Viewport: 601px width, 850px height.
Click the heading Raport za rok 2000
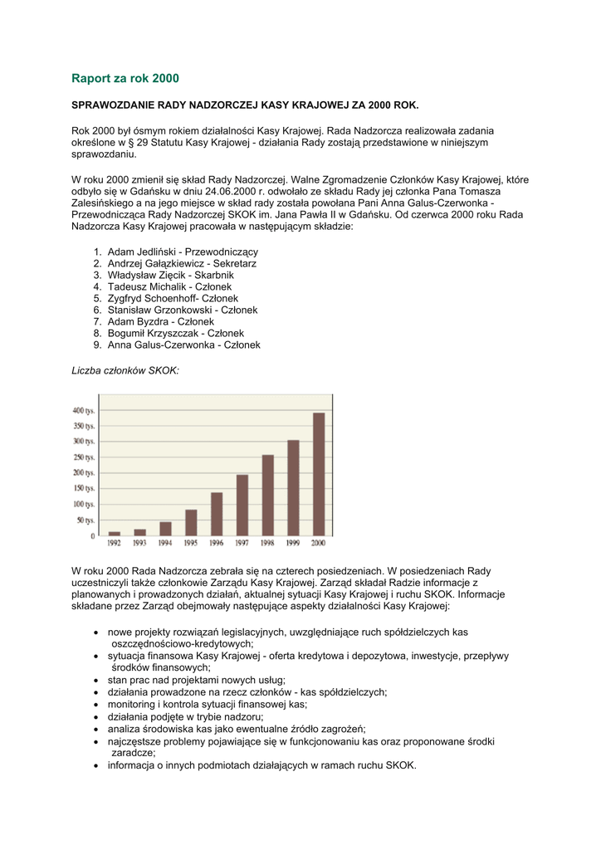125,79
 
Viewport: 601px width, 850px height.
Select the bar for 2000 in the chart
319,474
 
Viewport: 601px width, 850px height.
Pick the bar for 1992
115,533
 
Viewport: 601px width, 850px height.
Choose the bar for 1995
191,522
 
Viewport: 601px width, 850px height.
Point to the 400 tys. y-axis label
84,411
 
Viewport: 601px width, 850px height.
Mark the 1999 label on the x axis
293,543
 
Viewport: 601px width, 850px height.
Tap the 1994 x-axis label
165,543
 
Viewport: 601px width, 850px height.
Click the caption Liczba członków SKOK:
125,371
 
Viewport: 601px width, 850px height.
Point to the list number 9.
97,344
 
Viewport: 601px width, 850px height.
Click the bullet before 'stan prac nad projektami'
98,680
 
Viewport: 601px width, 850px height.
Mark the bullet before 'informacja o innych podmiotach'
98,765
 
